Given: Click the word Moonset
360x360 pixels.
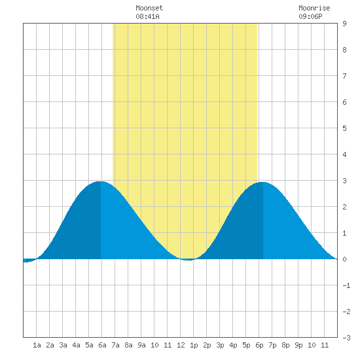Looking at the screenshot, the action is pos(149,8).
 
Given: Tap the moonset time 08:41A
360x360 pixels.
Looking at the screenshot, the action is pos(147,16).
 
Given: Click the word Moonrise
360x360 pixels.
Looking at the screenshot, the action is pos(314,8).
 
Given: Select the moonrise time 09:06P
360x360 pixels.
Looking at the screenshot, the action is pos(310,16).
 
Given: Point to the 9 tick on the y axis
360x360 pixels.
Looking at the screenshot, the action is pos(344,24).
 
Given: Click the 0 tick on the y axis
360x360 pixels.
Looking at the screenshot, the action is pos(344,259).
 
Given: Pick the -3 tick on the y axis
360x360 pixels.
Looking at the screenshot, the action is pos(346,338).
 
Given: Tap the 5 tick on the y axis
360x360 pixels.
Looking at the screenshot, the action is pos(344,128).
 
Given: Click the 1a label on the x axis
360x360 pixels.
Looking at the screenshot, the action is pos(37,345).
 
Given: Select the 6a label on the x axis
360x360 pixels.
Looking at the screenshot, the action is pos(102,345).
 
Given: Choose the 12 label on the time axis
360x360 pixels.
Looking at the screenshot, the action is pos(181,345).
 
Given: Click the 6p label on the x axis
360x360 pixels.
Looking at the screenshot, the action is pos(259,345).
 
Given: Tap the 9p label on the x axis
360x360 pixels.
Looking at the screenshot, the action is pos(298,345).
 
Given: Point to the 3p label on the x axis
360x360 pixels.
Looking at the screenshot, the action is pos(220,345).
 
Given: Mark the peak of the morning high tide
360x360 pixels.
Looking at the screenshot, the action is pos(101,181).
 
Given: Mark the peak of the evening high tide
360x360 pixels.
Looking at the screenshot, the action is pos(262,183).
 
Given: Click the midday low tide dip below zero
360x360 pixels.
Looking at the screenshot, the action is pos(188,260).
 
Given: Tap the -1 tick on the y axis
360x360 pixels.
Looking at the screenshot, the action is pos(346,285).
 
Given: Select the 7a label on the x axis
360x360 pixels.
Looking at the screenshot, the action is pos(115,345).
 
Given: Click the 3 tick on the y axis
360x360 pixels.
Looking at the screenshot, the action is pos(344,181).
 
